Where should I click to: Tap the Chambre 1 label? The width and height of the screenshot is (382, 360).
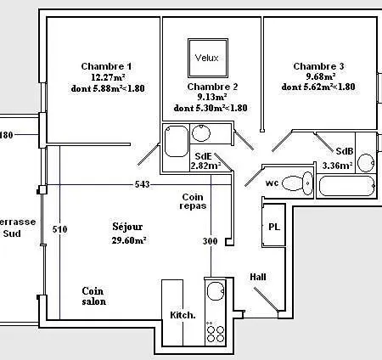[x=106, y=66]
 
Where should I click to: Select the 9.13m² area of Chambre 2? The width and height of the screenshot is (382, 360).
[x=212, y=97]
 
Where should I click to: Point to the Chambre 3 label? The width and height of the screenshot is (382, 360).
[x=318, y=66]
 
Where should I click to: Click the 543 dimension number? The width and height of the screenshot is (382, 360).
[x=142, y=184]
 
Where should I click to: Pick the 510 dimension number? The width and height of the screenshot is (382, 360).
[x=60, y=229]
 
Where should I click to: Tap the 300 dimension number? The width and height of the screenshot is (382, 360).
[x=211, y=241]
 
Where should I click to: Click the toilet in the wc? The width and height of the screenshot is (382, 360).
[x=297, y=183]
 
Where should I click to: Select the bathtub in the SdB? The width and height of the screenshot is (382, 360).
[x=347, y=186]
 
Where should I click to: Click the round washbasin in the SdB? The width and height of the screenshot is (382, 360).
[x=366, y=163]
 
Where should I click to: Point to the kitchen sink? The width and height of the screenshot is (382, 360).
[x=216, y=291]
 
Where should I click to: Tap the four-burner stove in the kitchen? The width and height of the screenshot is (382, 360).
[x=216, y=333]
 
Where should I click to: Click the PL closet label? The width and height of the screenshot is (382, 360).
[x=274, y=227]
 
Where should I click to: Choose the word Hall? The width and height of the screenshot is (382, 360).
[x=258, y=277]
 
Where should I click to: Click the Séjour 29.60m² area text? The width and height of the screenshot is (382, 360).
[x=129, y=233]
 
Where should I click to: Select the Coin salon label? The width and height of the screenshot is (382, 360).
[x=94, y=296]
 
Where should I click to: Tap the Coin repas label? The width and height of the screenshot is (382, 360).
[x=193, y=201]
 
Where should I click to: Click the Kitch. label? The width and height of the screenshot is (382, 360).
[x=183, y=315]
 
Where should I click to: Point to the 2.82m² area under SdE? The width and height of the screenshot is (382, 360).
[x=205, y=166]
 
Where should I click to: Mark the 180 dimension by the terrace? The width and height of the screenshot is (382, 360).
[x=6, y=135]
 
